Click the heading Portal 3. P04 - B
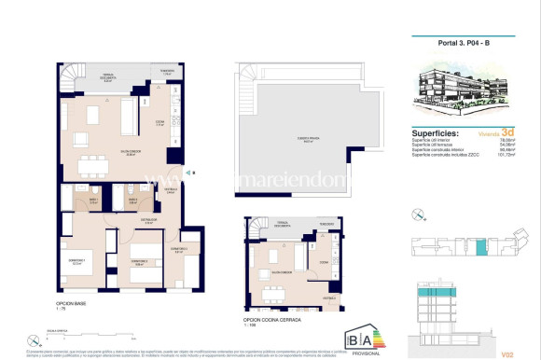click(x=463, y=42)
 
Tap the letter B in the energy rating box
click(x=355, y=338)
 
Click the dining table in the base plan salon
click(x=92, y=167)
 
